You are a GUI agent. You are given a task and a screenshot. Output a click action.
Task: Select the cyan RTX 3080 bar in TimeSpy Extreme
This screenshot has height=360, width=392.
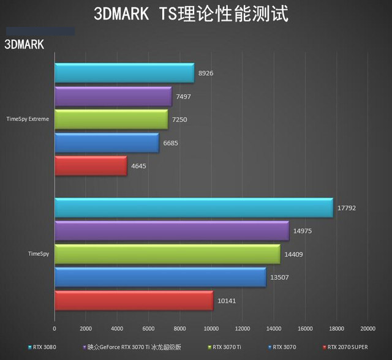click(x=124, y=73)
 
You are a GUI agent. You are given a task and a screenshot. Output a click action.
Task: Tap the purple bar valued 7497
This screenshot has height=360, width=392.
click(x=113, y=96)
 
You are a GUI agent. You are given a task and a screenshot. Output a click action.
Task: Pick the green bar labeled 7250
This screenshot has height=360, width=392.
click(x=111, y=119)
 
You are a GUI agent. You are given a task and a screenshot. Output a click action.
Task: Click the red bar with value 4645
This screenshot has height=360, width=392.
click(x=91, y=166)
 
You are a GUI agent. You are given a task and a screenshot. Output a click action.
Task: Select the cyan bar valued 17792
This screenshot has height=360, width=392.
click(x=194, y=208)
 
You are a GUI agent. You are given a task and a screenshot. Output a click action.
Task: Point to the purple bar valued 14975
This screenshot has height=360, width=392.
click(x=171, y=231)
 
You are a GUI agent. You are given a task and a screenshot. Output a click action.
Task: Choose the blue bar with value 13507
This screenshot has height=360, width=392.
click(x=160, y=277)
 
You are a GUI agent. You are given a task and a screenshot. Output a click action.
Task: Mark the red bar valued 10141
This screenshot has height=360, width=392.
click(x=134, y=301)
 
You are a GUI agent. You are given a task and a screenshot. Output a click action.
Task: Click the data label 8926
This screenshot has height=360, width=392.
click(x=205, y=73)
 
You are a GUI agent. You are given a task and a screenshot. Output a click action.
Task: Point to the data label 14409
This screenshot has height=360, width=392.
click(x=294, y=254)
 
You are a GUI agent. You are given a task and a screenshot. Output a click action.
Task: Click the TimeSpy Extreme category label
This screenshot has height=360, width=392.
click(x=27, y=119)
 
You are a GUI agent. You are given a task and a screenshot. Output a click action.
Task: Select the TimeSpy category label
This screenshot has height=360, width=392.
click(x=39, y=254)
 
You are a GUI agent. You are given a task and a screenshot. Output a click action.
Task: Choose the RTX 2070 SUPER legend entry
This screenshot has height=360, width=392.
click(x=346, y=347)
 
